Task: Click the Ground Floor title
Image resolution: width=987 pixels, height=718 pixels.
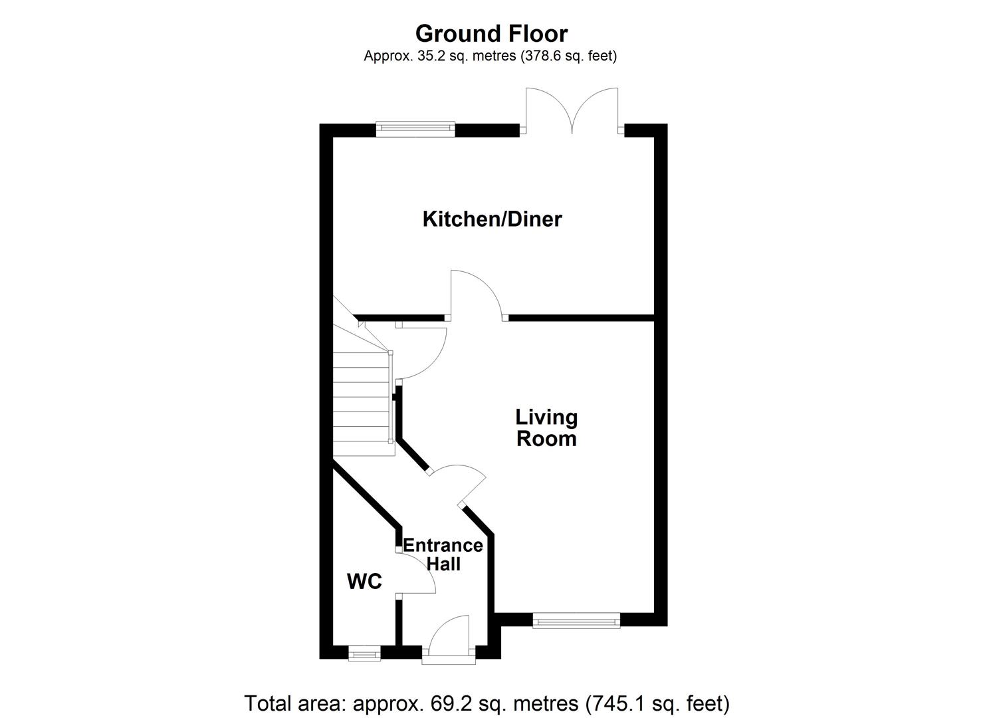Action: pos(491,33)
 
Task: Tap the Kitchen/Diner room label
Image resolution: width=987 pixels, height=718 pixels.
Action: pos(492,219)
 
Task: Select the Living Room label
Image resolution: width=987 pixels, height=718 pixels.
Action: pos(546,428)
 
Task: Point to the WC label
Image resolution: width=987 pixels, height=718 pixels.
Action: pos(364,582)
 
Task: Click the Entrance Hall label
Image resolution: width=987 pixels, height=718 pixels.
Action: pos(443,554)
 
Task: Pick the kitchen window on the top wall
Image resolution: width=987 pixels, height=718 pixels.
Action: pos(415,129)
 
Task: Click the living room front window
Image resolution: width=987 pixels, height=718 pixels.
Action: pos(576,622)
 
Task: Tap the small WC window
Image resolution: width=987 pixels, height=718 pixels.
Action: pos(365,654)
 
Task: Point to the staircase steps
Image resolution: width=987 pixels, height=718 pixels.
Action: pos(360,406)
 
